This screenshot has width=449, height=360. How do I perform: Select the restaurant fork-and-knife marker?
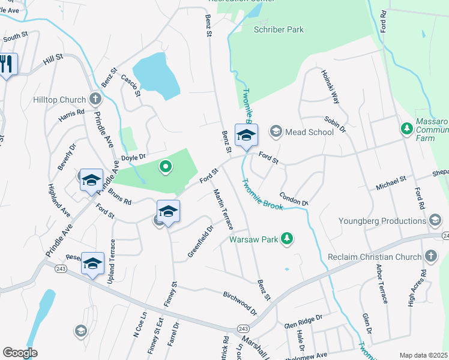point(7,64)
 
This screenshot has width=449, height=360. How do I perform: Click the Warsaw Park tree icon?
point(288,239)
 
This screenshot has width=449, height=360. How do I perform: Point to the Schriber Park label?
point(279,29)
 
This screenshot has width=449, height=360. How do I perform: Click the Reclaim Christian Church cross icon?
point(430,257)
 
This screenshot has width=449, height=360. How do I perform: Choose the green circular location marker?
point(163,167)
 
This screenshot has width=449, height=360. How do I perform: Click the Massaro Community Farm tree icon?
point(407,128)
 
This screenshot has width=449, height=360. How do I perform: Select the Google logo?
point(20,352)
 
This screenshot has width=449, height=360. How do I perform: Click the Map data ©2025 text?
point(423,355)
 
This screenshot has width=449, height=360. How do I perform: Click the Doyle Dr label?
point(134,158)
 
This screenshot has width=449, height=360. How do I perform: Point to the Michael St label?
point(391,183)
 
